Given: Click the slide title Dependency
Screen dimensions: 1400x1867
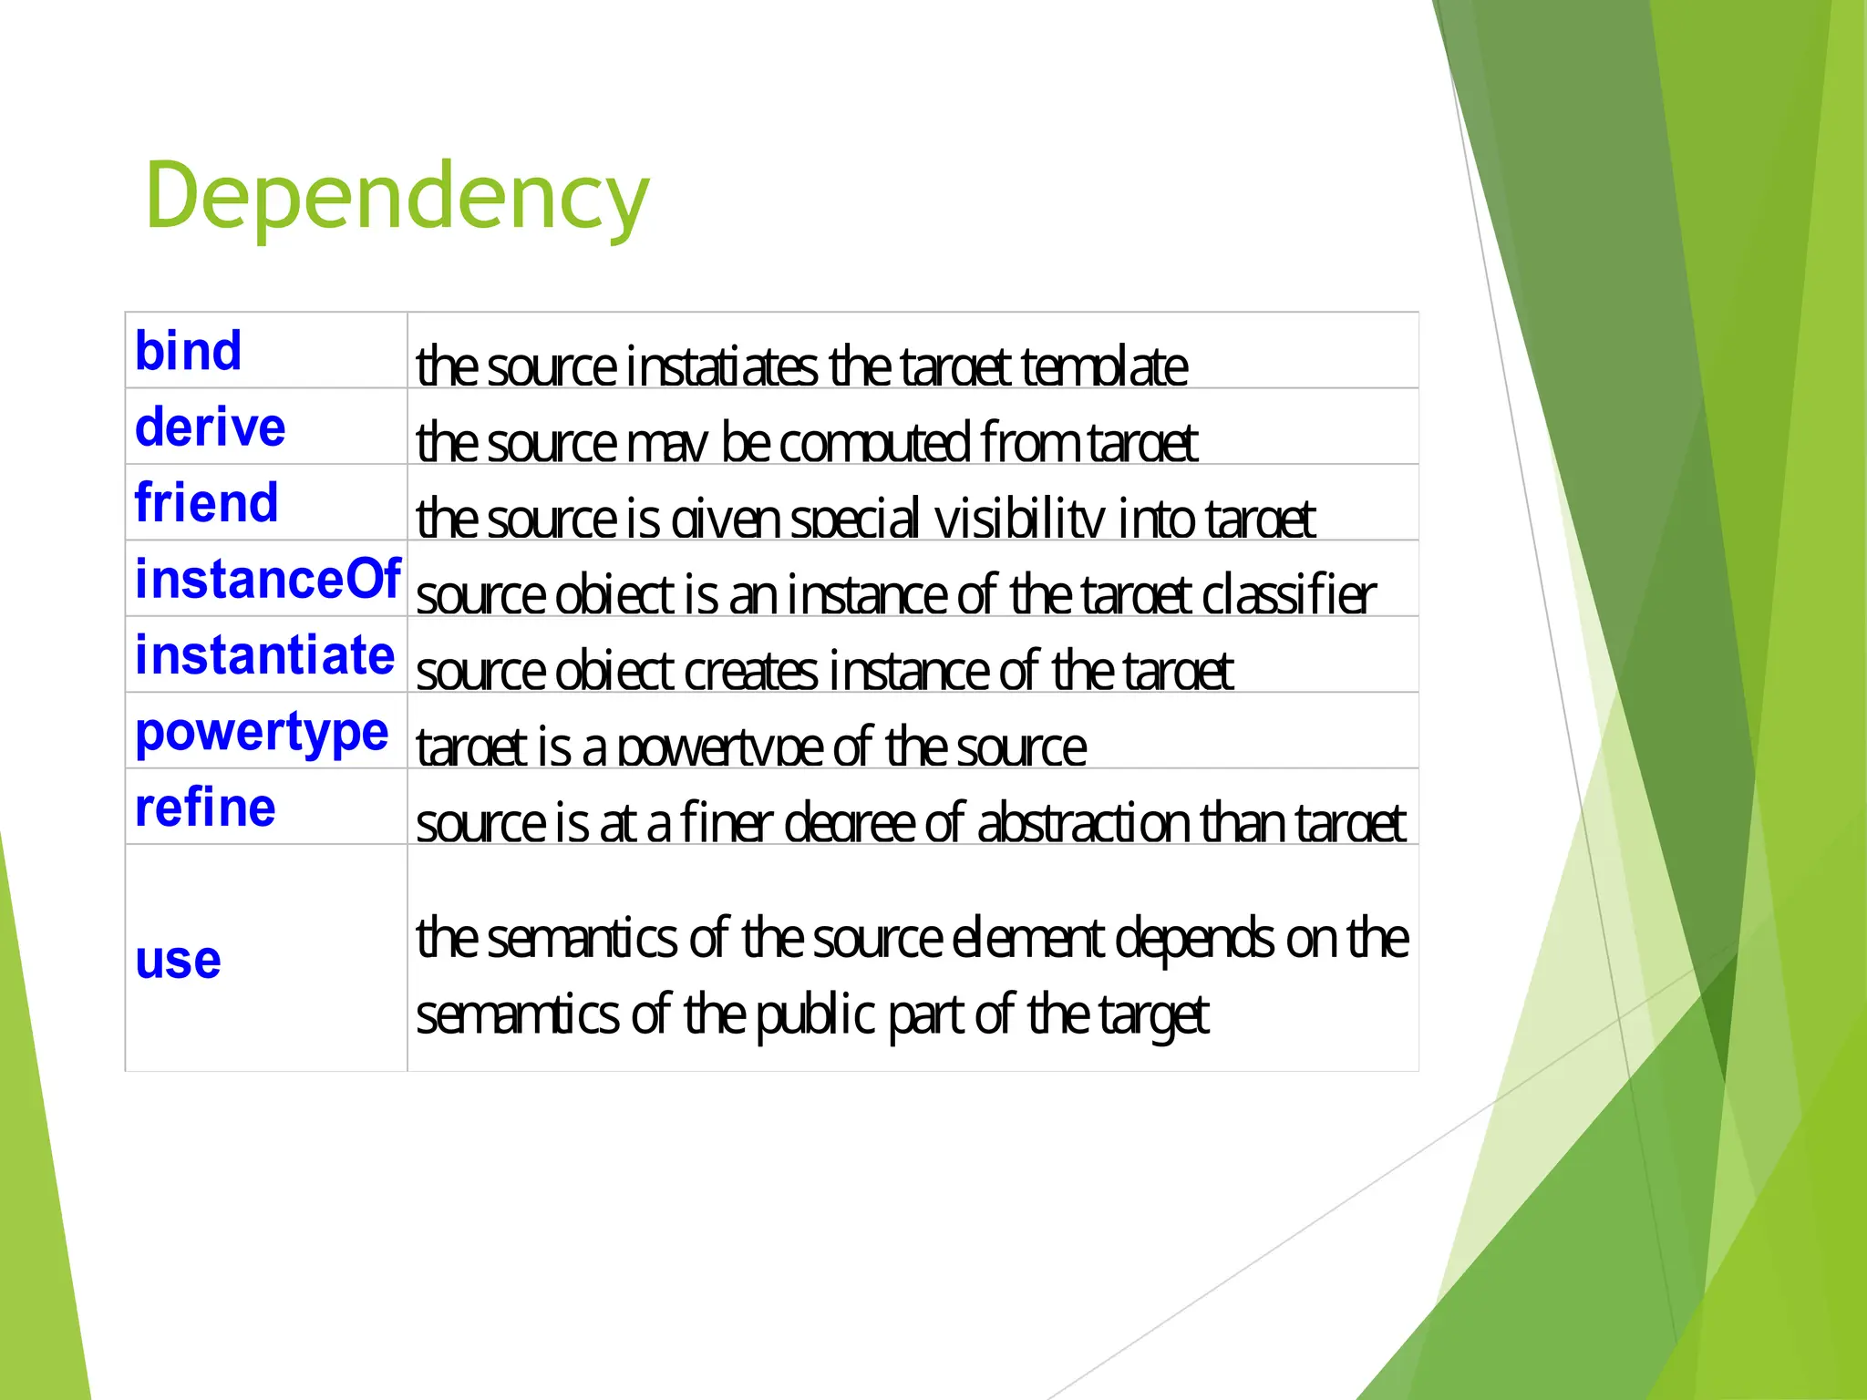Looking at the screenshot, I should [397, 195].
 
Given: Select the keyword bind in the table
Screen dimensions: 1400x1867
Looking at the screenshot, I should [188, 351].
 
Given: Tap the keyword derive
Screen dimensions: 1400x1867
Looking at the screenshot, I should [210, 427].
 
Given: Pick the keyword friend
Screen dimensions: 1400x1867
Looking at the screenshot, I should [206, 503].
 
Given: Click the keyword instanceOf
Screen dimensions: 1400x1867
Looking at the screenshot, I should [267, 580].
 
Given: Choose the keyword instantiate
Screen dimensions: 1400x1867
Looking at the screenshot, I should [264, 655].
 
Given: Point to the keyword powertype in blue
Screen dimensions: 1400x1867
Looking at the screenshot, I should [262, 733].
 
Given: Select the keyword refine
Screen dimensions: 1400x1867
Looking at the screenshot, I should [205, 808].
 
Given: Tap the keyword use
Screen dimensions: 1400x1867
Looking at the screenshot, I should [178, 960].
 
